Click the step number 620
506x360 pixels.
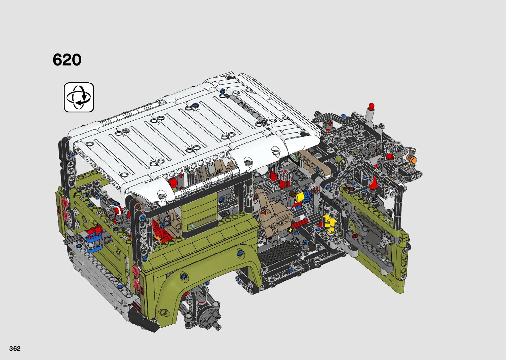67,60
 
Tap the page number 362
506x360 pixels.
15,348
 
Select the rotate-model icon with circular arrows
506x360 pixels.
79,98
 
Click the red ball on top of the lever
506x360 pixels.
371,105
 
